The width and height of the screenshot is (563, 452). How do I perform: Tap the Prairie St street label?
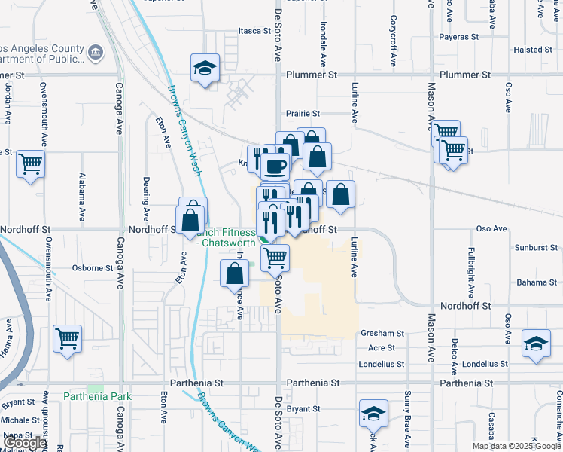(x=303, y=114)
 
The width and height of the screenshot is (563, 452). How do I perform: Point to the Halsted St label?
(x=533, y=50)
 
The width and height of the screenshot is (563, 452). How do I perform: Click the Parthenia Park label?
(x=97, y=396)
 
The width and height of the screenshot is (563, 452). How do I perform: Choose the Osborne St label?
(x=92, y=267)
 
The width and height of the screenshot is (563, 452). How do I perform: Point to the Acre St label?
(x=382, y=348)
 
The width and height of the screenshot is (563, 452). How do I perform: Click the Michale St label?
(x=20, y=420)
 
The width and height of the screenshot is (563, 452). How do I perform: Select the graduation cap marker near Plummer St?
(x=205, y=68)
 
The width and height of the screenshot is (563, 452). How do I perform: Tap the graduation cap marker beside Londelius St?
(x=535, y=344)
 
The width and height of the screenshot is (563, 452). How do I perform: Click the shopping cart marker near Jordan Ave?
(x=31, y=163)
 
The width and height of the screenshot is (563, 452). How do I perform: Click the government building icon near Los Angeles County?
(x=96, y=52)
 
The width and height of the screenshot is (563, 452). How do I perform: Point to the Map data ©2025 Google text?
(x=517, y=446)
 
